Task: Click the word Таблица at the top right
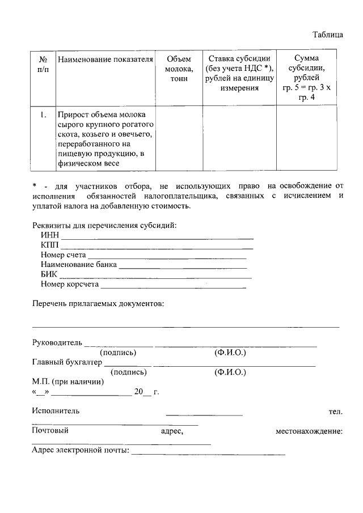(x=328, y=35)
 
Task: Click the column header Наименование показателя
(x=106, y=59)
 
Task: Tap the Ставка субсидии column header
(x=239, y=73)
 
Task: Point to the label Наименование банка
(x=79, y=264)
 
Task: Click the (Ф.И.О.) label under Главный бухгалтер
(x=230, y=372)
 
